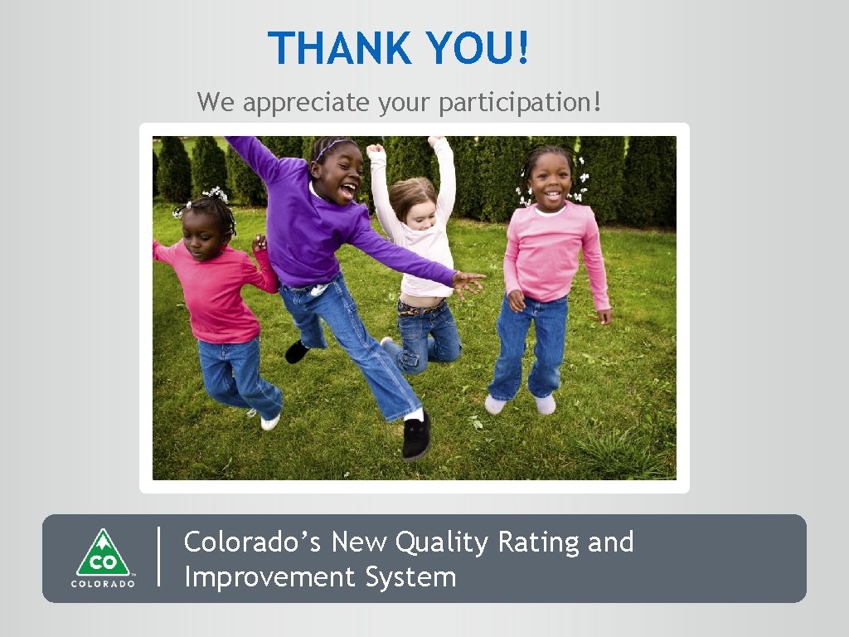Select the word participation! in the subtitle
[x=524, y=103]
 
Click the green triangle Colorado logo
[x=103, y=552]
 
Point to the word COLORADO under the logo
[x=103, y=583]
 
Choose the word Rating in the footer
[x=539, y=542]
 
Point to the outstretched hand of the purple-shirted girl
[x=468, y=283]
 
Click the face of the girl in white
[x=420, y=210]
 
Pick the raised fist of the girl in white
[x=376, y=151]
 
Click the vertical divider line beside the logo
[x=158, y=557]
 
